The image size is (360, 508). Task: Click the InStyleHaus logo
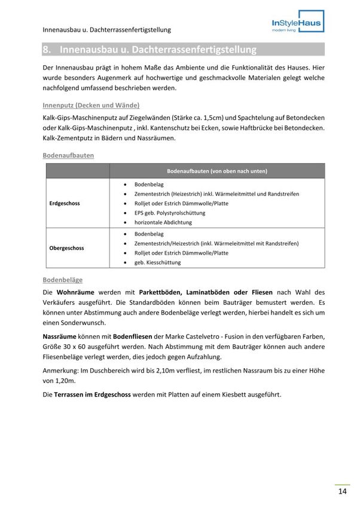(x=297, y=25)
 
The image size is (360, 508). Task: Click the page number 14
(x=342, y=491)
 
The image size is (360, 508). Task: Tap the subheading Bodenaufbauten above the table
(x=68, y=155)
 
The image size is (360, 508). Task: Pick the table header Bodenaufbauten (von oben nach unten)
(x=217, y=171)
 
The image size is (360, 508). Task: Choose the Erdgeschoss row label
(x=64, y=203)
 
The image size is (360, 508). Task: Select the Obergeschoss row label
(x=66, y=248)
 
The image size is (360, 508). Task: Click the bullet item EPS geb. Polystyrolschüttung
(x=169, y=213)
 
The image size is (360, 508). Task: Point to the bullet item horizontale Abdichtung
(x=163, y=222)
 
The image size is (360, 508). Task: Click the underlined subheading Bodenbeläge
(x=63, y=280)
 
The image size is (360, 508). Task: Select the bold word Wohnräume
(x=77, y=292)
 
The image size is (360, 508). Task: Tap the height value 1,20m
(x=65, y=381)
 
